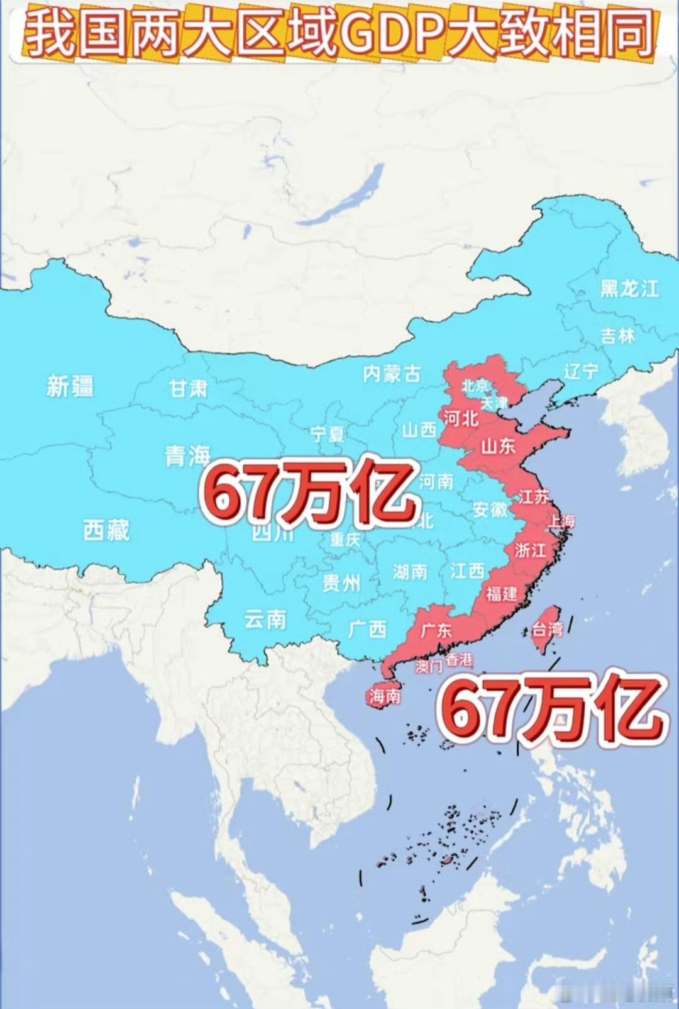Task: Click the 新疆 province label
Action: point(70,386)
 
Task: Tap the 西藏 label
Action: point(106,530)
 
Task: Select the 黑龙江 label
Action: point(629,289)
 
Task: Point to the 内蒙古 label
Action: point(391,374)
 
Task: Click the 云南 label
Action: point(265,620)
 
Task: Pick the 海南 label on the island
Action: point(384,696)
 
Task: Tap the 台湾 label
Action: point(546,628)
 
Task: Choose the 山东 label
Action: point(498,447)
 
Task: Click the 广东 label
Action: point(436,630)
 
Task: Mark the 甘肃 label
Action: point(188,389)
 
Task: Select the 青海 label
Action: point(187,455)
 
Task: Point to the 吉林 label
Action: point(617,335)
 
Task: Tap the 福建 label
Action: point(501,593)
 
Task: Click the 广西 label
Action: point(367,629)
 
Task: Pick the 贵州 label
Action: point(341,583)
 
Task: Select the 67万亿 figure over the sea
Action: point(550,710)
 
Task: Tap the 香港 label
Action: point(458,660)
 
